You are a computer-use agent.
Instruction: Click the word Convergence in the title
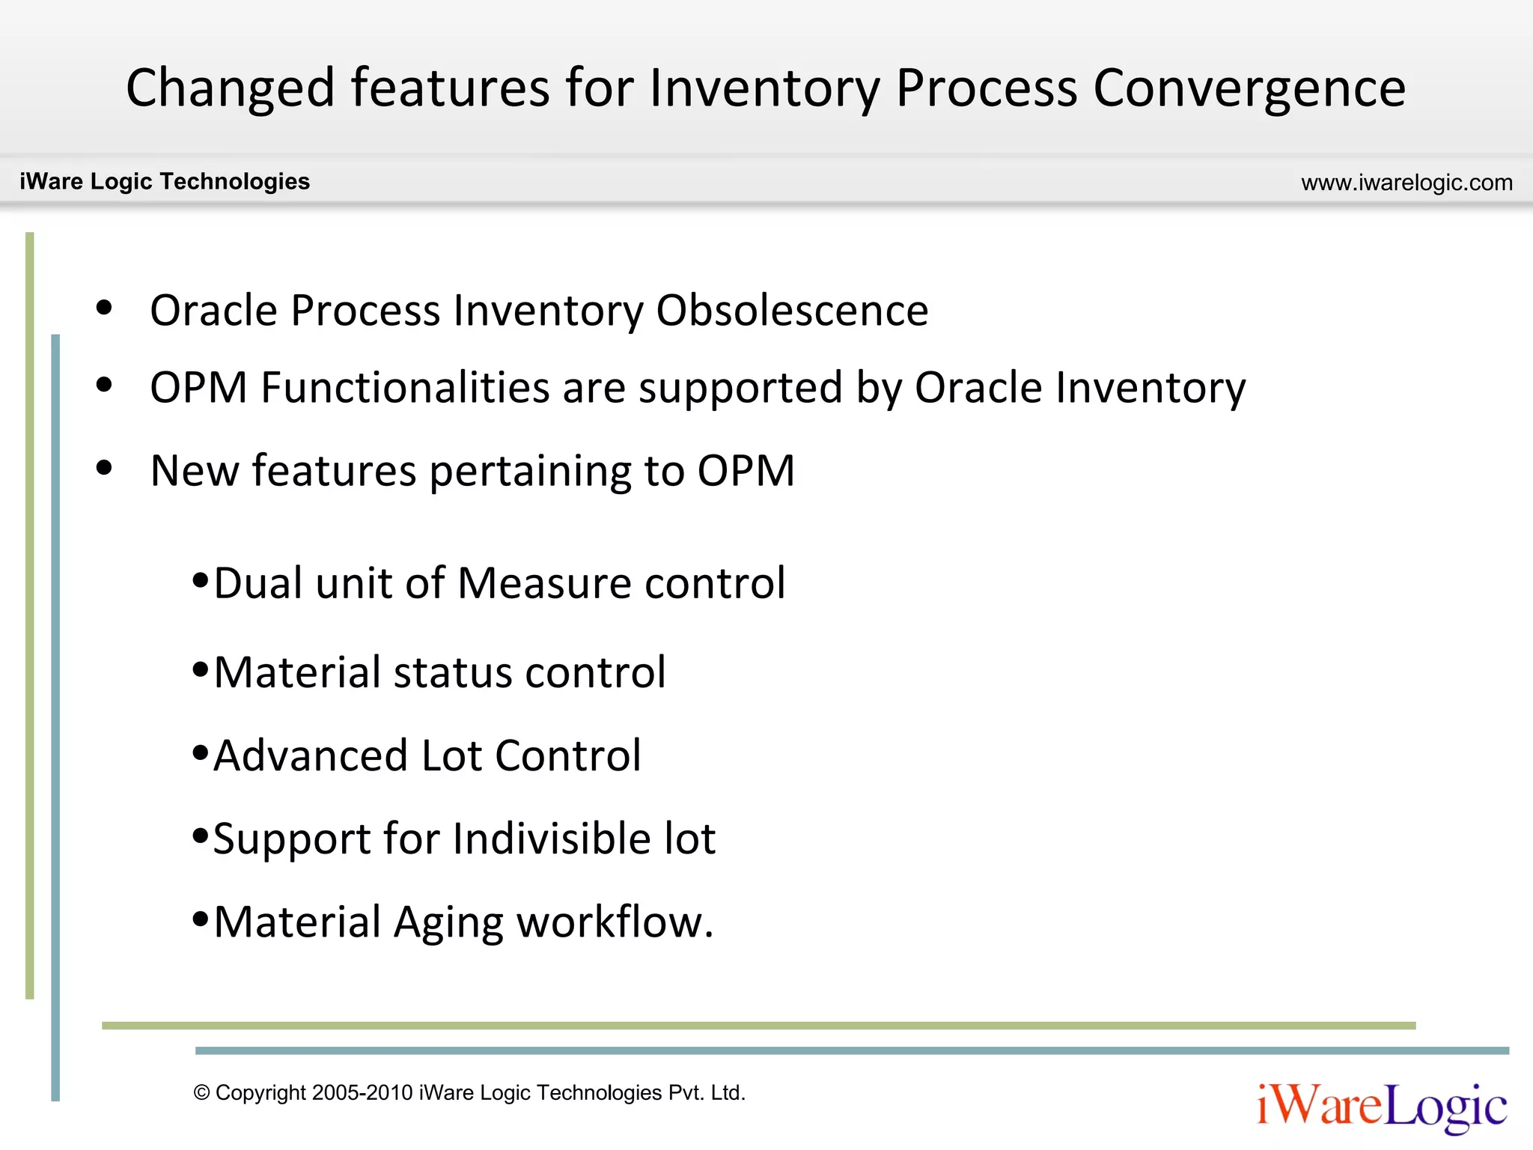[1249, 88]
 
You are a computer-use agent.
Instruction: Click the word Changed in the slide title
[230, 88]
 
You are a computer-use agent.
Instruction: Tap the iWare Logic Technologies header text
[165, 181]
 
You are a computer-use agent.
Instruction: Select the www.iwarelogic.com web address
[1406, 183]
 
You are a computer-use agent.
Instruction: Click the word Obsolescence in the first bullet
[792, 310]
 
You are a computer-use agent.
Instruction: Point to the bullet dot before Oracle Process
[104, 308]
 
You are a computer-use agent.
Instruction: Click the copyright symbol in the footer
[201, 1092]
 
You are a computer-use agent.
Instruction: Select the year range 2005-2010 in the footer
[362, 1092]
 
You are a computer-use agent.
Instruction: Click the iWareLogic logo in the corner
[1381, 1106]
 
